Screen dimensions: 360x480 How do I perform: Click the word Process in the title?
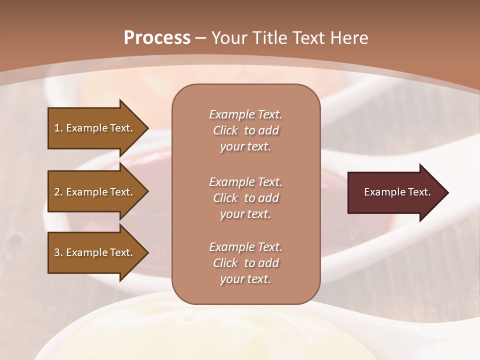tap(157, 38)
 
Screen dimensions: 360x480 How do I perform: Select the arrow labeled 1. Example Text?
tap(93, 128)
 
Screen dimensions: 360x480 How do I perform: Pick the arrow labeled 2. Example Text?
tap(93, 192)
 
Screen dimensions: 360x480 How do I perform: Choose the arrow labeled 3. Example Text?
tap(93, 252)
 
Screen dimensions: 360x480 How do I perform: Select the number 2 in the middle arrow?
tap(57, 192)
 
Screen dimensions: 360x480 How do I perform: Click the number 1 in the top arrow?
tap(57, 128)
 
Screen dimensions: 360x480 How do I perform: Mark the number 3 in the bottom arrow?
tap(57, 252)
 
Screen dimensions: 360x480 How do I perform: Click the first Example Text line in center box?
tap(245, 114)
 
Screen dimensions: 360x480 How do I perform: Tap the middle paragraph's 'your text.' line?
tap(245, 214)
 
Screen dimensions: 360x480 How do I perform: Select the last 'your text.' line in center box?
tap(245, 279)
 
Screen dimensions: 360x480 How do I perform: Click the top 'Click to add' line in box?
tap(245, 130)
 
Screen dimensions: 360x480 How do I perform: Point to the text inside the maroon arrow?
tap(397, 192)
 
